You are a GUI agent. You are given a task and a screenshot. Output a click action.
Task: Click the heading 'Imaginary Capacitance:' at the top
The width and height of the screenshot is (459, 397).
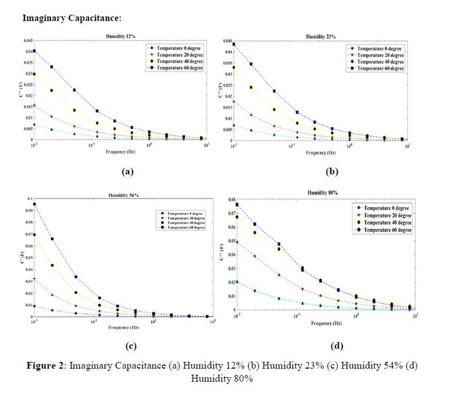point(62,17)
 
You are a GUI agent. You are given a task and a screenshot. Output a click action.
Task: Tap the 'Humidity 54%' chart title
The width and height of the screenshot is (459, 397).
point(123,195)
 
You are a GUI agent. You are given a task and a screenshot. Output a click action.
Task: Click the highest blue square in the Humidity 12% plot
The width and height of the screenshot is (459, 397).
point(34,51)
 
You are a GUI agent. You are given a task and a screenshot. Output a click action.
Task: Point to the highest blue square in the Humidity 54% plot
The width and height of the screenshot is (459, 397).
point(34,204)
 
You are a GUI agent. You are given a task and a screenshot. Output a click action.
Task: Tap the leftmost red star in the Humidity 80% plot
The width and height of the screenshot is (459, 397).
point(237,242)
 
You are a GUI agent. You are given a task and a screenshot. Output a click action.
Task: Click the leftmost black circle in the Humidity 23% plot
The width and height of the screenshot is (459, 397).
point(234,67)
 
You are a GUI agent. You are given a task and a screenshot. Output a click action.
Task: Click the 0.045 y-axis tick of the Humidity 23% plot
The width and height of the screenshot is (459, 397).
point(227,41)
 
